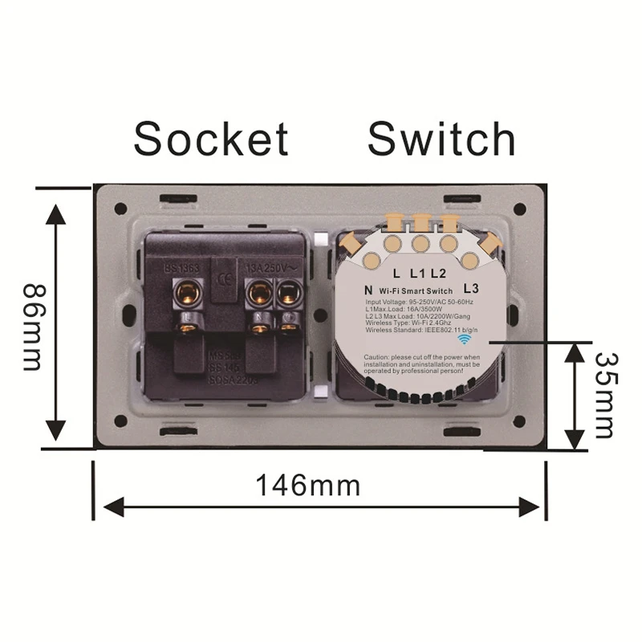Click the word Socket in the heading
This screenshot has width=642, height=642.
(210, 139)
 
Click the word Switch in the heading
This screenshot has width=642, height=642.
(441, 139)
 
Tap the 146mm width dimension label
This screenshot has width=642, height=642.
(307, 486)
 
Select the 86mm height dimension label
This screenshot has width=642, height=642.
(32, 326)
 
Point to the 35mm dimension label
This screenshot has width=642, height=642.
(608, 396)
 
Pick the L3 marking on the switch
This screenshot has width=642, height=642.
(471, 287)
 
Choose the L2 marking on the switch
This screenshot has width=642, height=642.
(437, 274)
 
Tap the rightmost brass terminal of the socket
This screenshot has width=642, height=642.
(287, 295)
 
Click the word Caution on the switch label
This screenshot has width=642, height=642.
(380, 356)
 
